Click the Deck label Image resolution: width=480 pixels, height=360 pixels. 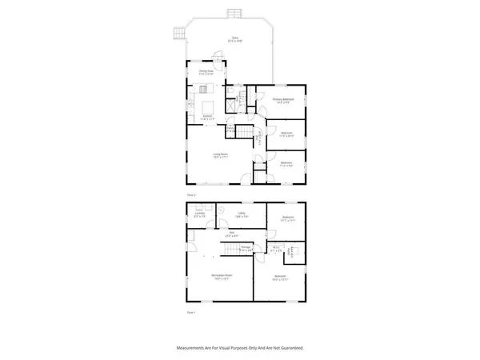click(x=235, y=38)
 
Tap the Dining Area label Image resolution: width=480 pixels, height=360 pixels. click(x=206, y=72)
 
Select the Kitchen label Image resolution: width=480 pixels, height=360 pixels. click(x=206, y=117)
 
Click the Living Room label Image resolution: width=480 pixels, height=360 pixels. click(x=221, y=155)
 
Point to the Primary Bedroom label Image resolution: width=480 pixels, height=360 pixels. click(x=283, y=101)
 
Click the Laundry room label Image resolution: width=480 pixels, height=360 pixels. click(x=200, y=214)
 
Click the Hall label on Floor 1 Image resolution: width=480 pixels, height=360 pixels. click(x=229, y=234)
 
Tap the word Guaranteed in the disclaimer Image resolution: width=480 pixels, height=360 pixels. click(x=287, y=348)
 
